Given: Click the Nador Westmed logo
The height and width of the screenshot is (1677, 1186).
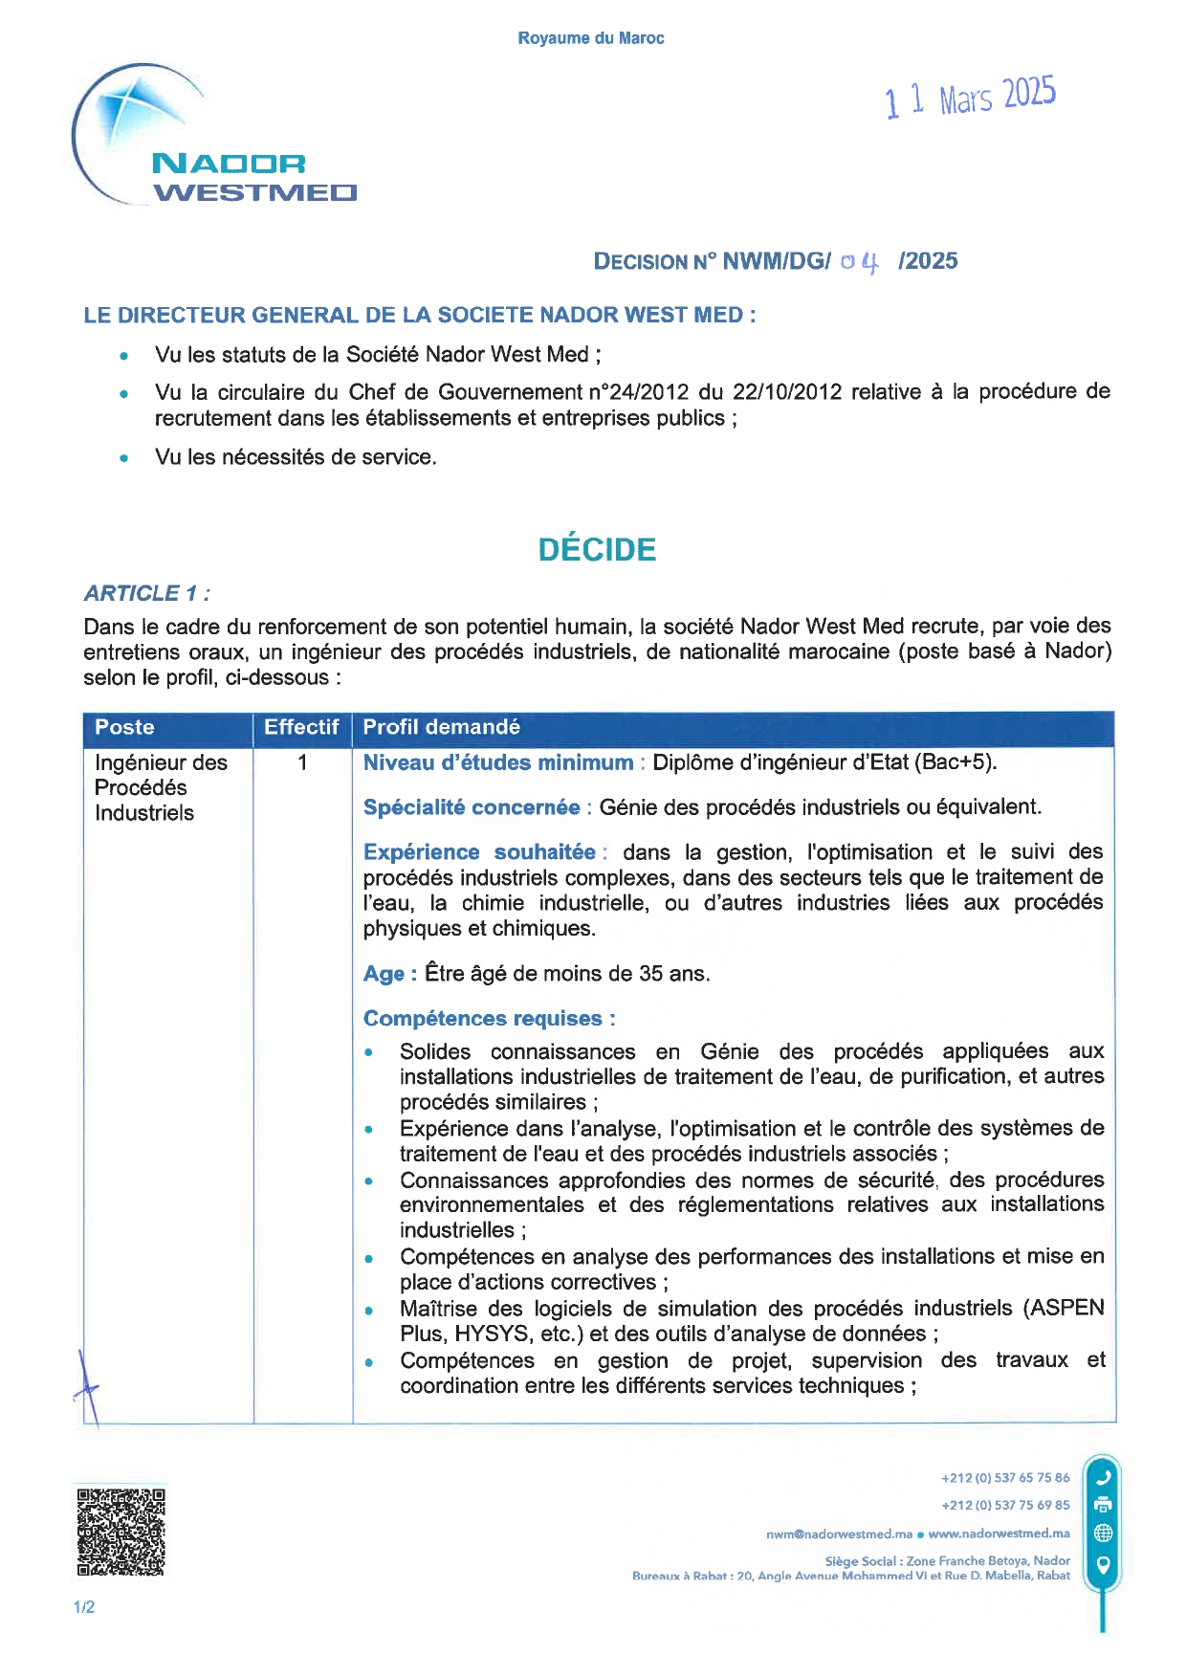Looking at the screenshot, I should [x=213, y=140].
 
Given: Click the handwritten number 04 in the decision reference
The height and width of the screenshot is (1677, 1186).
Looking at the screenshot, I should [x=859, y=262].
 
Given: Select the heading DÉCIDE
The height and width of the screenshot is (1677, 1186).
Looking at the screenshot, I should [x=597, y=549].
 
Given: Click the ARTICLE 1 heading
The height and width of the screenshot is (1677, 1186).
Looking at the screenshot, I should [x=147, y=593].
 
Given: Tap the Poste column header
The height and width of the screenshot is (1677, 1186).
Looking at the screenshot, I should [x=124, y=727].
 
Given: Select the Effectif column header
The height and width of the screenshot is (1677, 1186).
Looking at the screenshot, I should [x=301, y=727].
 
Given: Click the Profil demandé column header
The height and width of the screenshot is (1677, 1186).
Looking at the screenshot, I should [x=441, y=727].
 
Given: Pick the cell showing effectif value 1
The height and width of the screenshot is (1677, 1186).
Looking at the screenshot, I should [x=302, y=762].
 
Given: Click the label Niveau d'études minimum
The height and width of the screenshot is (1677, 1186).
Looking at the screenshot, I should [x=498, y=762].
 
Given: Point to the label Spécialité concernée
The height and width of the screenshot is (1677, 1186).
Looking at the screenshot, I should [x=472, y=807].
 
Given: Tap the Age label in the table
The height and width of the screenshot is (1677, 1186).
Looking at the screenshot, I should [x=384, y=974].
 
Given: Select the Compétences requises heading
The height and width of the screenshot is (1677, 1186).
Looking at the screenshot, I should [x=489, y=1019].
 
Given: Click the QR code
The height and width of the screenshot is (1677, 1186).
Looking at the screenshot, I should [x=121, y=1532].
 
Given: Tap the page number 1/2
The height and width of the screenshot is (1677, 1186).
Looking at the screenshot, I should [x=84, y=1607].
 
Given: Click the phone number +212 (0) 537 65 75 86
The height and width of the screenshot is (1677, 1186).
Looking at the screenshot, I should [x=1004, y=1478].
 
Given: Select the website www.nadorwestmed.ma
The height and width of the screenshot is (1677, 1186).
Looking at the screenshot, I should [x=999, y=1534].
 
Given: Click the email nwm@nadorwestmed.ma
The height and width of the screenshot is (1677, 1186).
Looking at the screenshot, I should [x=839, y=1534].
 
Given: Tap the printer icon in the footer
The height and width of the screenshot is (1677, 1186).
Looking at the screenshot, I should [x=1103, y=1505].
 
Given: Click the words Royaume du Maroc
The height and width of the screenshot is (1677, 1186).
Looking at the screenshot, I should [x=590, y=38].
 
